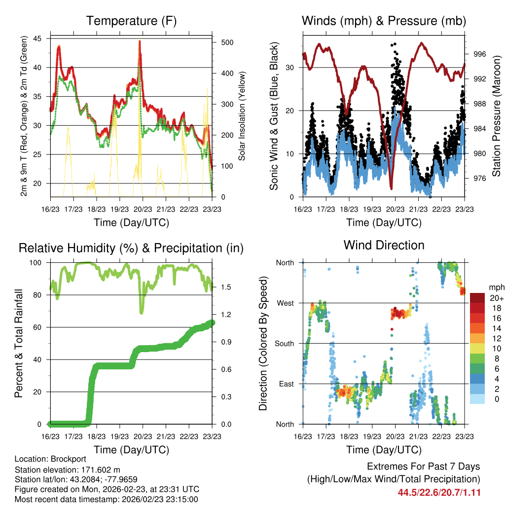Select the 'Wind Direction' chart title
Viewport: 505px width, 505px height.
(x=384, y=245)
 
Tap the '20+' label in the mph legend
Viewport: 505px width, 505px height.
(x=497, y=298)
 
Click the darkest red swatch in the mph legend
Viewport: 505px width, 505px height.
(x=477, y=298)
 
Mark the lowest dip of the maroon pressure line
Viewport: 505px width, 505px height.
(x=391, y=188)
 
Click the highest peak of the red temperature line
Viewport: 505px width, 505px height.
(x=140, y=41)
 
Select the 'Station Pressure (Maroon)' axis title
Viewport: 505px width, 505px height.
(x=497, y=116)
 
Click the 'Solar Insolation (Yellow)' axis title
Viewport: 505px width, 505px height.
(x=242, y=116)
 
